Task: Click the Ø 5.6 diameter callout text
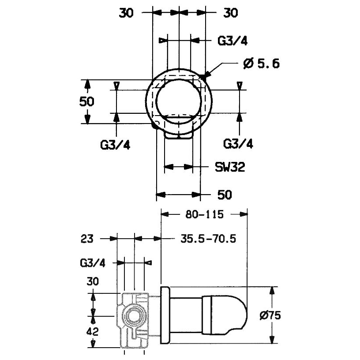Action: tap(261, 63)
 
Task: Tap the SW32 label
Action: tap(230, 167)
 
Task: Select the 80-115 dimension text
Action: tap(204, 214)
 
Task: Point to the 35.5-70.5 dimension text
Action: tap(208, 239)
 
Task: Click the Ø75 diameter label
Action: tap(270, 316)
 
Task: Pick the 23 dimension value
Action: tap(87, 239)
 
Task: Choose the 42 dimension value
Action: tap(93, 331)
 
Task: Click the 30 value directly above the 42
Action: tap(93, 281)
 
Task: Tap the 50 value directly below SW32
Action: tap(225, 195)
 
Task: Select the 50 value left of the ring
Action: tap(87, 101)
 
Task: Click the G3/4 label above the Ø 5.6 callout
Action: tap(232, 41)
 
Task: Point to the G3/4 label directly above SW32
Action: tap(238, 144)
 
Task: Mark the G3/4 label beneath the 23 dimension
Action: tap(93, 263)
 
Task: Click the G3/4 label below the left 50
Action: tap(115, 145)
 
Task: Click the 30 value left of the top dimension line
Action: tap(126, 13)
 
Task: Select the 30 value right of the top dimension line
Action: tap(231, 13)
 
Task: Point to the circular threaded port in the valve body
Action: tap(132, 316)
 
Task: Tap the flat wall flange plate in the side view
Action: tap(165, 315)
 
